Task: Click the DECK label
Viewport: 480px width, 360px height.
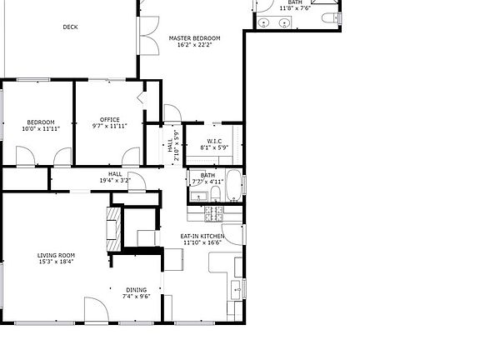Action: (71, 27)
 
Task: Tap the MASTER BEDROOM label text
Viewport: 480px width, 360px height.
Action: (194, 38)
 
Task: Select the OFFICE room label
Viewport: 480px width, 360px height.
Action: (109, 119)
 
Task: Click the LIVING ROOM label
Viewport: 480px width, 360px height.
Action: (56, 255)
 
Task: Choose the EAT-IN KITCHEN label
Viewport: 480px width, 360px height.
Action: (202, 237)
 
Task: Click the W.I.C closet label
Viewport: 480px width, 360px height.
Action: (213, 141)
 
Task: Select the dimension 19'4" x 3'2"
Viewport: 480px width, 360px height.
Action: (115, 180)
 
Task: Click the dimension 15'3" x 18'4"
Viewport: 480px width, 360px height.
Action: (56, 262)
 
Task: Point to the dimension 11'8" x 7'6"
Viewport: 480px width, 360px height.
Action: (295, 8)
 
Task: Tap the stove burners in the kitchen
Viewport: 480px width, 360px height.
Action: (211, 213)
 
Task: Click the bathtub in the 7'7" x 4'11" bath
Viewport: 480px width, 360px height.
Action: (233, 187)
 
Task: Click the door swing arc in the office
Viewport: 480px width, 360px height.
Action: (131, 156)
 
